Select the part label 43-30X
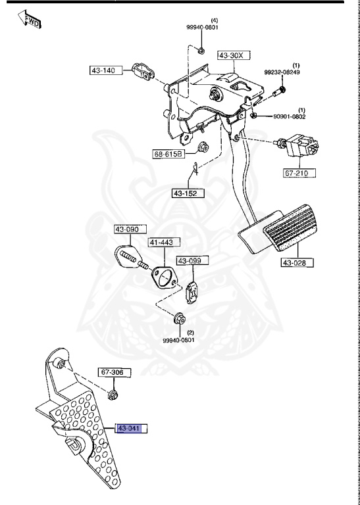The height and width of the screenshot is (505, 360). tap(231, 56)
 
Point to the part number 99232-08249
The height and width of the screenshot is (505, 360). tap(282, 72)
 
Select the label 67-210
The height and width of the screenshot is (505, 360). tap(299, 173)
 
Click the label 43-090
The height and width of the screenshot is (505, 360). tap(126, 229)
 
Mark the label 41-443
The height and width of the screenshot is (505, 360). tap(160, 243)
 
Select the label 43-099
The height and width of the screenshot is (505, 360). tap(190, 261)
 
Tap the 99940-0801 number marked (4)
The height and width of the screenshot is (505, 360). tap(201, 28)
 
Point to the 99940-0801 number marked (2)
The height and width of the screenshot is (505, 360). tap(179, 340)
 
